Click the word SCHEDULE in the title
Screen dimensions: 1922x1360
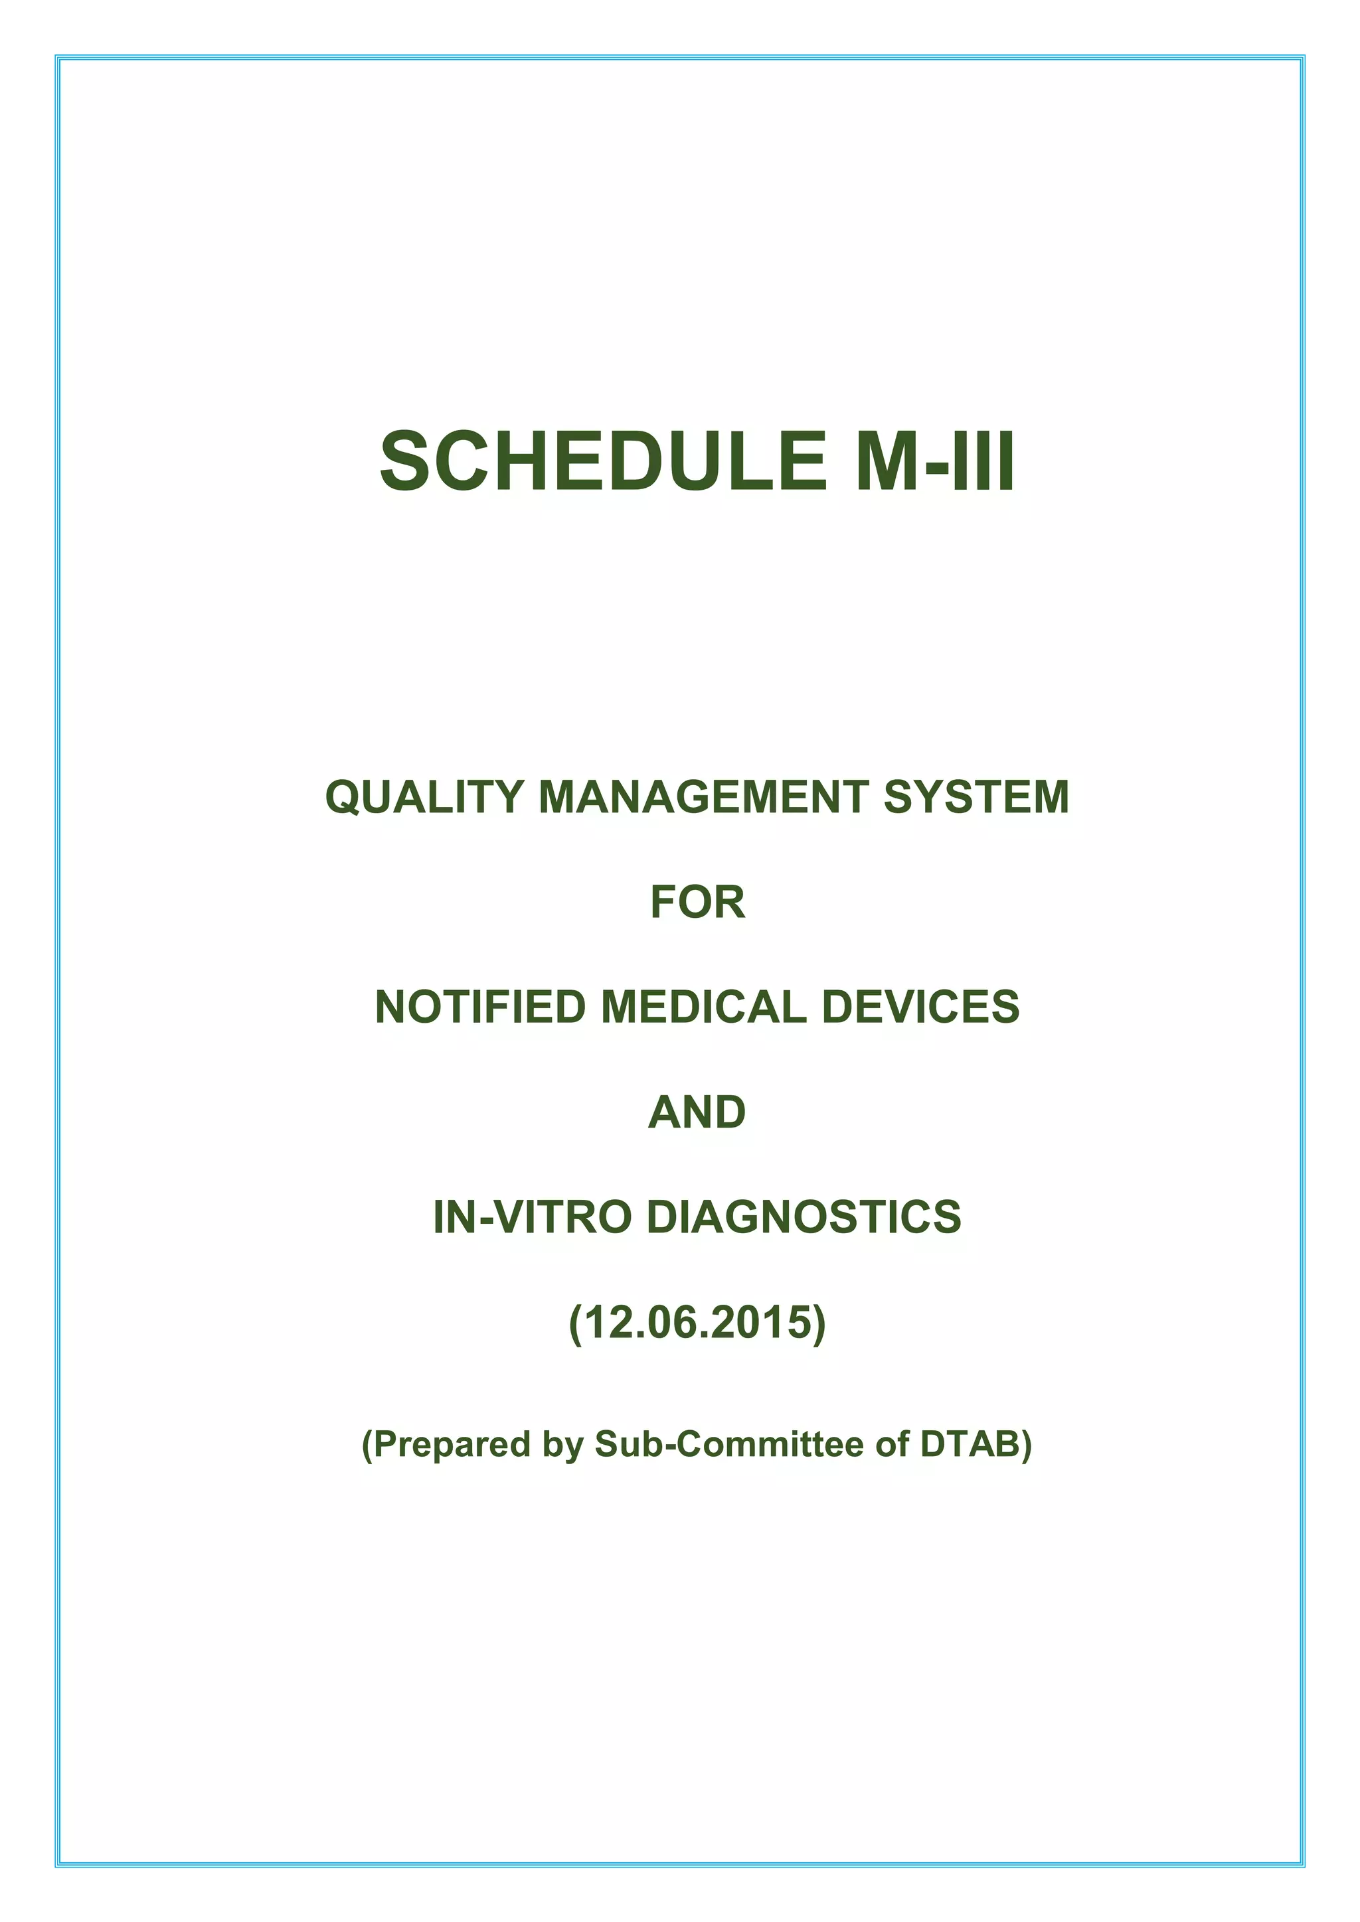tap(604, 461)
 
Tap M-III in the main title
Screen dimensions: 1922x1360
tap(936, 461)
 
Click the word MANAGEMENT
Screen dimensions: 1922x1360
tap(703, 797)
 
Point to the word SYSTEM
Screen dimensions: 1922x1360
tap(976, 797)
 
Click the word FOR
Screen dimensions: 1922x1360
tap(697, 903)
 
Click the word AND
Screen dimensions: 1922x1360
tap(697, 1112)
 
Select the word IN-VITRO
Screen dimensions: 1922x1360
tap(532, 1217)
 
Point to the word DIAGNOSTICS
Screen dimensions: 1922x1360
tap(804, 1217)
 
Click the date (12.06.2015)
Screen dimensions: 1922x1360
tap(697, 1323)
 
